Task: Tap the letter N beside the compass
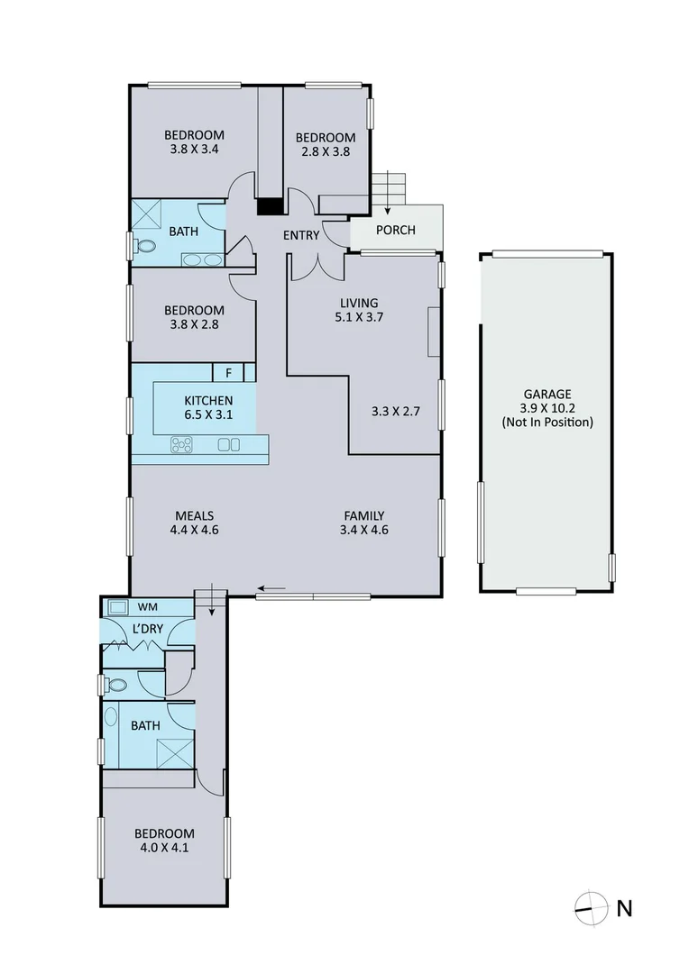pos(623,908)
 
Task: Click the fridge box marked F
pos(228,372)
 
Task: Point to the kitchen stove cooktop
pos(183,443)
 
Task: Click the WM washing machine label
pos(147,606)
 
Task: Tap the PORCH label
pos(396,230)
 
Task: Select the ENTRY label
pos(301,236)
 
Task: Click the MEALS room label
pos(194,515)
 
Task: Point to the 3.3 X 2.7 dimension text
pos(396,411)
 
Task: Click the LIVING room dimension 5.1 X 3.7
pos(359,317)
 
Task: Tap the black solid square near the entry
pos(269,207)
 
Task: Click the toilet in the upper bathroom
pos(143,245)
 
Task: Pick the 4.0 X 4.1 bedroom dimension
pos(164,847)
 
